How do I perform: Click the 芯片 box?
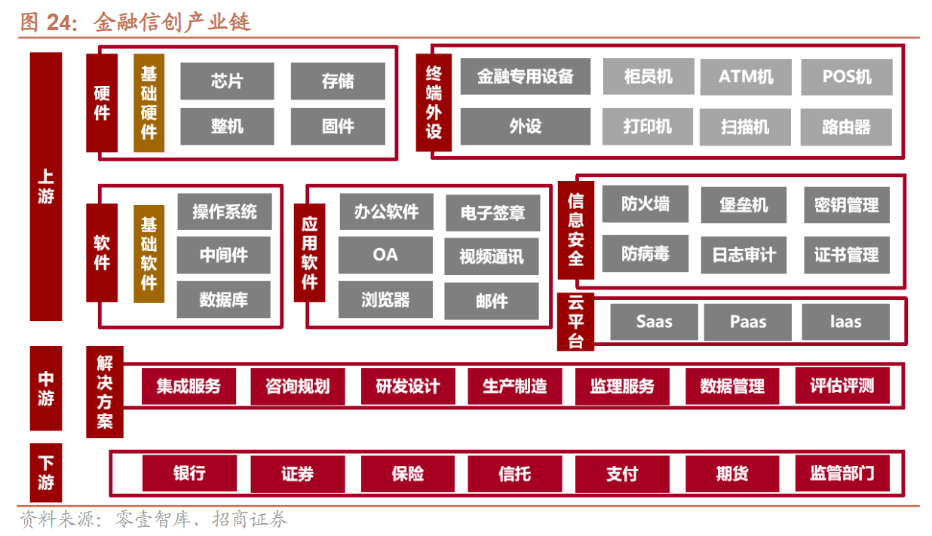pyautogui.click(x=227, y=81)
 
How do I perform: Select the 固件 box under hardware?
pyautogui.click(x=338, y=127)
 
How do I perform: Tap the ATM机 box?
pyautogui.click(x=745, y=77)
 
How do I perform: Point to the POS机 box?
pyautogui.click(x=846, y=77)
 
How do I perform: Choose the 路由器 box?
pyautogui.click(x=846, y=127)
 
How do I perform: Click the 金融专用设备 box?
pyautogui.click(x=526, y=77)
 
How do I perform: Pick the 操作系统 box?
pyautogui.click(x=224, y=212)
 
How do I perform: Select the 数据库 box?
pyautogui.click(x=224, y=299)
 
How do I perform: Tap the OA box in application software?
pyautogui.click(x=385, y=255)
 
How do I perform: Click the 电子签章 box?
pyautogui.click(x=492, y=213)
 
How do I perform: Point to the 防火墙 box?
pyautogui.click(x=645, y=204)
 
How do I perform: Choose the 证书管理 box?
pyautogui.click(x=846, y=255)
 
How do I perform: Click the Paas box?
pyautogui.click(x=747, y=322)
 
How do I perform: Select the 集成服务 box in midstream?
pyautogui.click(x=189, y=386)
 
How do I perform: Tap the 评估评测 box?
pyautogui.click(x=842, y=386)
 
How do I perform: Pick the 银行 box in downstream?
pyautogui.click(x=189, y=473)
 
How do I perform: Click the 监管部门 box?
pyautogui.click(x=842, y=473)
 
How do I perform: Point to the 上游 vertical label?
pyautogui.click(x=46, y=186)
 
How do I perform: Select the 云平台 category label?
pyautogui.click(x=575, y=322)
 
